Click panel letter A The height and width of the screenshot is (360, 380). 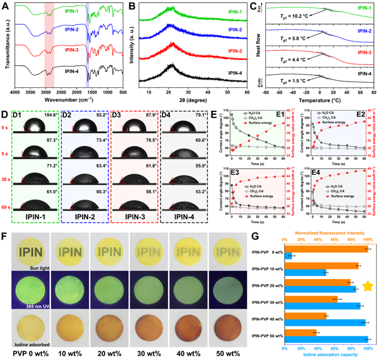click(7, 6)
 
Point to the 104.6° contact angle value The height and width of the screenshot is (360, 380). click(50, 115)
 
